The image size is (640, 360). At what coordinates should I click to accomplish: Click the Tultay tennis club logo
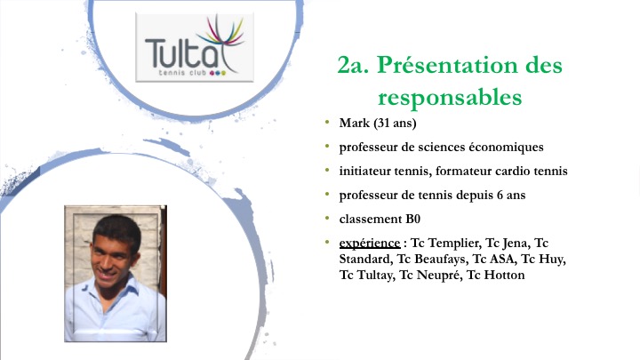pyautogui.click(x=195, y=47)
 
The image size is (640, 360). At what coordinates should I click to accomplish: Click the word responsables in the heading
pyautogui.click(x=450, y=97)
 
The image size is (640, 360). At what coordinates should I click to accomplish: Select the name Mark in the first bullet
pyautogui.click(x=355, y=123)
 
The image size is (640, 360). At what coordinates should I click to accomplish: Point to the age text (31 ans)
pyautogui.click(x=395, y=124)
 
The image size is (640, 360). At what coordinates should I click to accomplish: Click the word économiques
pyautogui.click(x=506, y=148)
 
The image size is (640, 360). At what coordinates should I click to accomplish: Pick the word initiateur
pyautogui.click(x=365, y=171)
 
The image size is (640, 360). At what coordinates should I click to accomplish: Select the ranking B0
pyautogui.click(x=412, y=220)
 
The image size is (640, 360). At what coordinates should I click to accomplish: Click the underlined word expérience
pyautogui.click(x=370, y=244)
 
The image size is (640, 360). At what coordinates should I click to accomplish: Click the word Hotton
pyautogui.click(x=504, y=275)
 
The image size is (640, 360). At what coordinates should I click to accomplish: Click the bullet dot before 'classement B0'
pyautogui.click(x=327, y=219)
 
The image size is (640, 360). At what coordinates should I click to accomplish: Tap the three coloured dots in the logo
pyautogui.click(x=217, y=73)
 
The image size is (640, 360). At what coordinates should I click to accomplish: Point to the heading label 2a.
pyautogui.click(x=353, y=65)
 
